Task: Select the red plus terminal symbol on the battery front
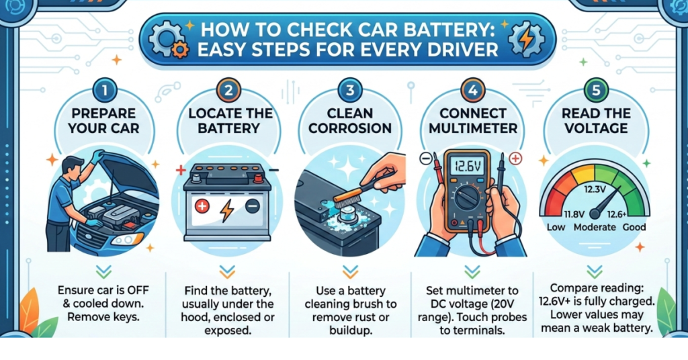point(202,208)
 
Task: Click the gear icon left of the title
point(164,39)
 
